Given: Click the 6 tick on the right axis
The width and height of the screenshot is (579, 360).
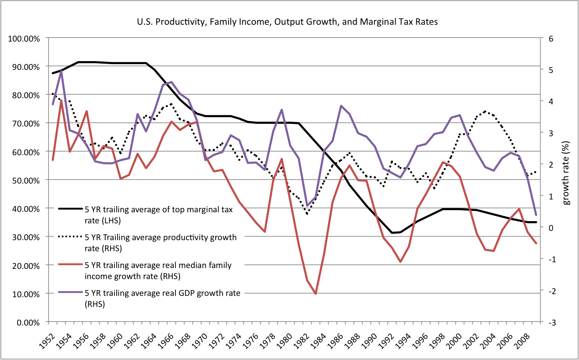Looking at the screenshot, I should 550,38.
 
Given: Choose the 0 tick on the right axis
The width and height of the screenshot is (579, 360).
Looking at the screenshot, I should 550,227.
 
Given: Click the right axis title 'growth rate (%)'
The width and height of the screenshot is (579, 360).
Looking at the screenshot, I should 567,180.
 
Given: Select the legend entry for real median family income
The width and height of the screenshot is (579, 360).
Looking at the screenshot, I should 164,270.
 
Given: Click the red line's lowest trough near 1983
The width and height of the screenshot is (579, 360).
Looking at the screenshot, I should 315,294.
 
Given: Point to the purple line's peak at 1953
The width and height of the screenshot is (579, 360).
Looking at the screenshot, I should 61,71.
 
